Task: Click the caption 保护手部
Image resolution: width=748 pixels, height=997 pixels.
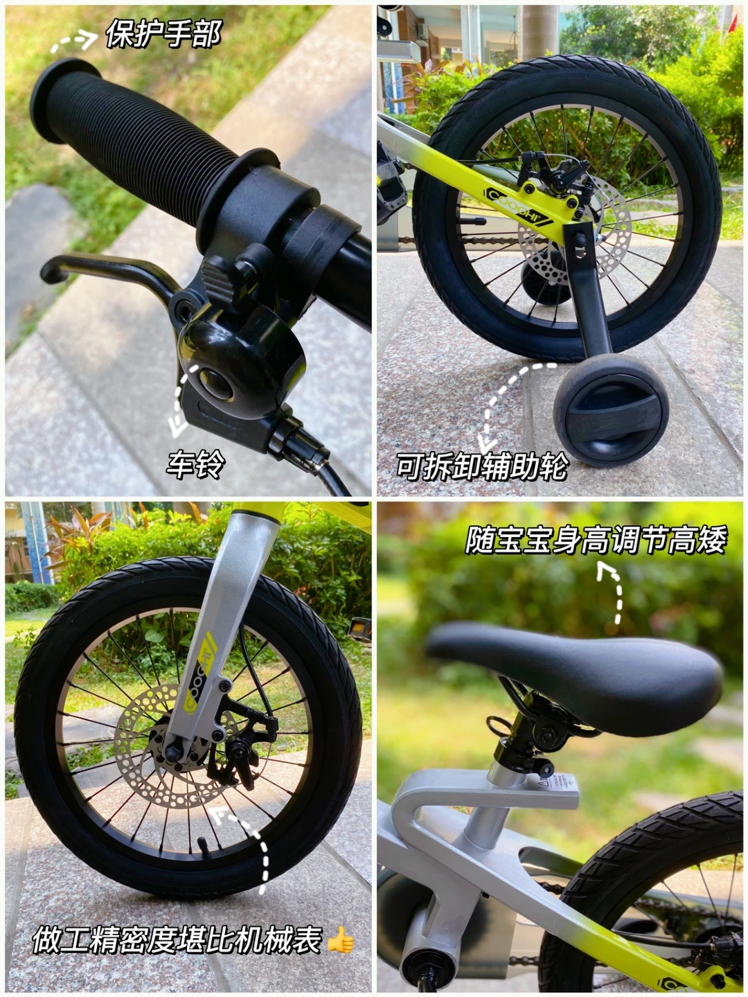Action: coord(164,33)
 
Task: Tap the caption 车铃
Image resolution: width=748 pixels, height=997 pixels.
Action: coord(195,465)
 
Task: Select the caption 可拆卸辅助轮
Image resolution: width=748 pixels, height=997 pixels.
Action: coord(482,466)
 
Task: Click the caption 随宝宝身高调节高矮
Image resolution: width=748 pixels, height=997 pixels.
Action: coord(596,540)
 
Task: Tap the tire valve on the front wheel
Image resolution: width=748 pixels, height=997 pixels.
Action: coord(203,845)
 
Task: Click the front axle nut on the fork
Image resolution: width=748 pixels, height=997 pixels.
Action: coord(173,752)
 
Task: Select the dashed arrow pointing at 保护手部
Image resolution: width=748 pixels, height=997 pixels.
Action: coord(73,42)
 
